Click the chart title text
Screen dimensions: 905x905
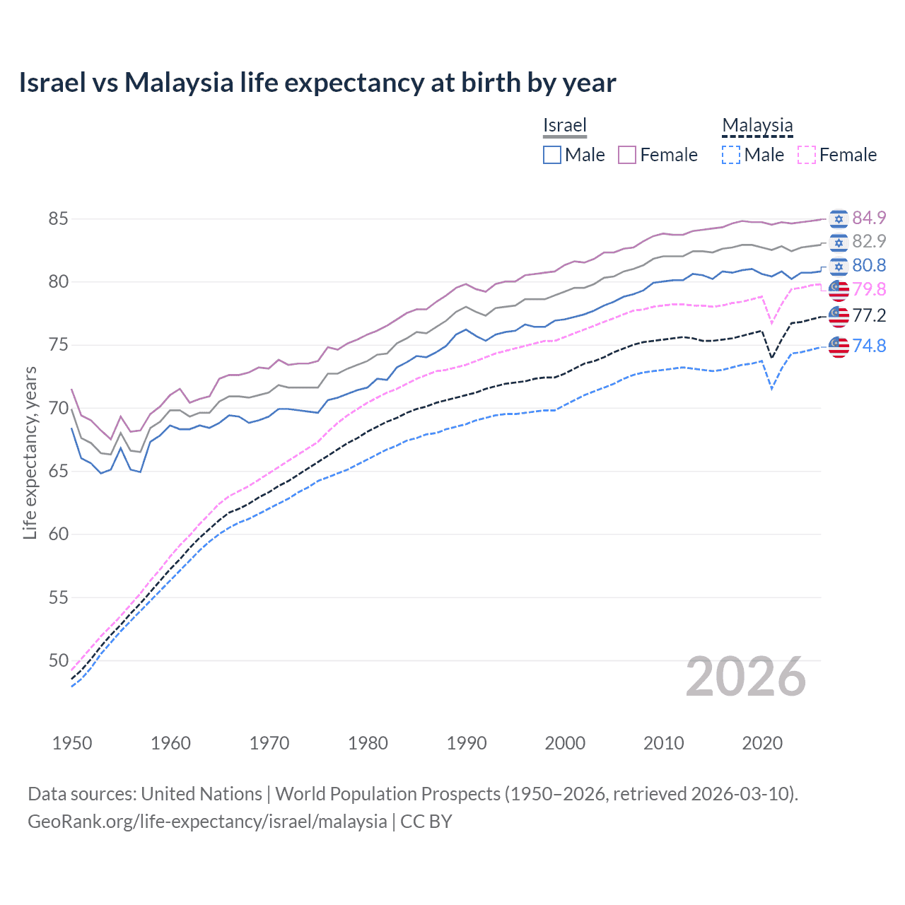(317, 83)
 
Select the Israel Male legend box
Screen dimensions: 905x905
(552, 155)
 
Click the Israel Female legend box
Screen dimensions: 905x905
(627, 155)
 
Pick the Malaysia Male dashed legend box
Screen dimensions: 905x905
(731, 155)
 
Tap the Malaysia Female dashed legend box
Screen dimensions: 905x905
(806, 155)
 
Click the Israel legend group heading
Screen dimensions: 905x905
(565, 125)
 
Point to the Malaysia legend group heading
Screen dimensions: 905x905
(757, 125)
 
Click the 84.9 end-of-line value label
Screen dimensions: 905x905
(869, 218)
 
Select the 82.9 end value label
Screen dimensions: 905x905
(869, 241)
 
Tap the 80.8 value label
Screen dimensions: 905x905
(869, 265)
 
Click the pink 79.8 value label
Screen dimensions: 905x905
(869, 289)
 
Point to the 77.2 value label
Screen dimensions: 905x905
(869, 315)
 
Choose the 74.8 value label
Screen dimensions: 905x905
(869, 346)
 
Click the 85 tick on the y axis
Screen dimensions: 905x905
(58, 218)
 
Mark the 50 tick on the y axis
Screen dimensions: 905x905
(58, 660)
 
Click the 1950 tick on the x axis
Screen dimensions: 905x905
(72, 743)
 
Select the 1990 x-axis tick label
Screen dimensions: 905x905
(467, 743)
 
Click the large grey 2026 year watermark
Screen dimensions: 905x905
(746, 677)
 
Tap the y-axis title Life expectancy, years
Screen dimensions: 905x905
(30, 452)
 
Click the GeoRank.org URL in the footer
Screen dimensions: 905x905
(207, 822)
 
